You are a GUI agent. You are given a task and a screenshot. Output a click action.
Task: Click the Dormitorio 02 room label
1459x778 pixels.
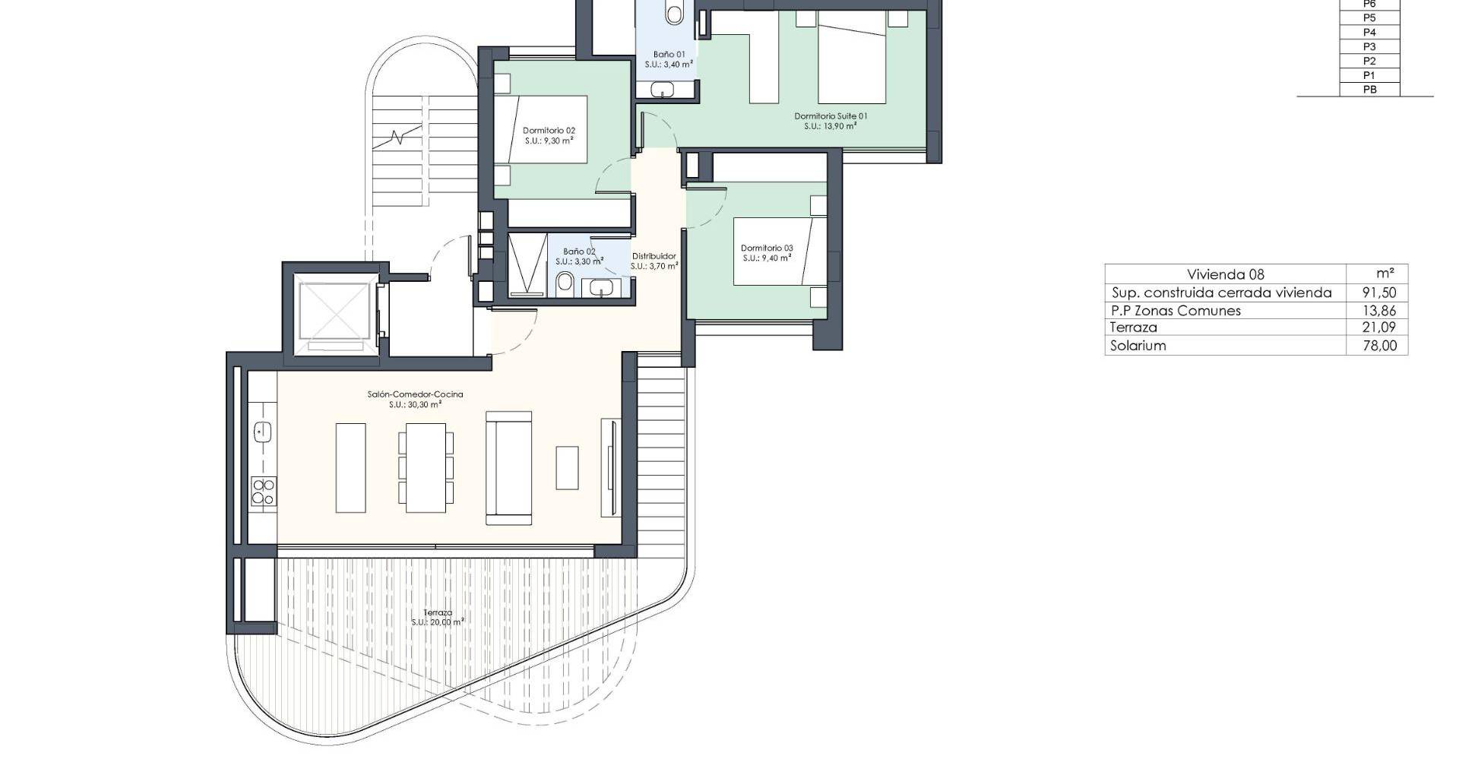pos(549,131)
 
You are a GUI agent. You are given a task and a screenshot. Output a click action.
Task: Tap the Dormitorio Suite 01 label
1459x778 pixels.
pos(831,116)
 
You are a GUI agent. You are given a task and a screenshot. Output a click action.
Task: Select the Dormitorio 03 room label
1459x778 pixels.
pos(767,248)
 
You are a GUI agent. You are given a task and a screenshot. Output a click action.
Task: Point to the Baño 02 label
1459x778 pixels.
pos(579,251)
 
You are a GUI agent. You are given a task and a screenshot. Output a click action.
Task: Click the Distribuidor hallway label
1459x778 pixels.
pos(654,256)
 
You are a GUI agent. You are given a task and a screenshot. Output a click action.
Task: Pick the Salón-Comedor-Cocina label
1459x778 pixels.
pos(415,394)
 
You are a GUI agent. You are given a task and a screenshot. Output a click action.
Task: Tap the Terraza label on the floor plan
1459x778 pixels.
pos(438,612)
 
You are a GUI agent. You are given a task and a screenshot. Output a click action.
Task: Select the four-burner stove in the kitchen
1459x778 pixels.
pos(264,492)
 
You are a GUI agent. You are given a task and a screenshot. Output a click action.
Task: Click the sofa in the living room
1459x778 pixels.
pos(508,468)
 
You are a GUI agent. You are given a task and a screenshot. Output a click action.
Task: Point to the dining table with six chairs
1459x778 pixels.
pos(426,467)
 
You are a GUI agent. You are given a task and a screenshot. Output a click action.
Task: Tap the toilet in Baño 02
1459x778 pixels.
pos(565,285)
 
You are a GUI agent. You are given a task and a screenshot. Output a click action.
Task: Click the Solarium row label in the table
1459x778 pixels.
pos(1138,346)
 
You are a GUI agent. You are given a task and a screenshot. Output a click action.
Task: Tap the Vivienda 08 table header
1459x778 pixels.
pos(1226,274)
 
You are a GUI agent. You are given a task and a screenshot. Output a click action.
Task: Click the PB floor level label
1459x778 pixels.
pos(1369,90)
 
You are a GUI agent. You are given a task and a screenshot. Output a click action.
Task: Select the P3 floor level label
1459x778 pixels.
pos(1369,46)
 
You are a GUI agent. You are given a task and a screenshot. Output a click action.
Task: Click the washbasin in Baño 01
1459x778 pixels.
pos(663,90)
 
